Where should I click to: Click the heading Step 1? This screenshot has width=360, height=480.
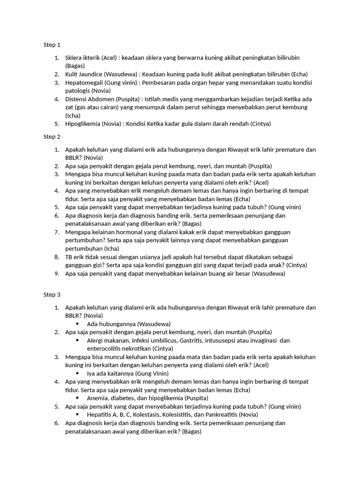point(52,45)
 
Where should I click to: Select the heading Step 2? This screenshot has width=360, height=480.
point(52,137)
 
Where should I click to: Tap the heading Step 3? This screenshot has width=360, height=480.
point(52,295)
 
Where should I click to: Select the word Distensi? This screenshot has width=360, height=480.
point(77,99)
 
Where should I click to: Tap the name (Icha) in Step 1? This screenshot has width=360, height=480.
point(73,115)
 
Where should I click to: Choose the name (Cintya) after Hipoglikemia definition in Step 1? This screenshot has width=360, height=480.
point(261,124)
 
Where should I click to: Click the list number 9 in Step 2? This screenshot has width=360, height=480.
point(56,274)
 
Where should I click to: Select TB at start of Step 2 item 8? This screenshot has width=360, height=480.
point(69,257)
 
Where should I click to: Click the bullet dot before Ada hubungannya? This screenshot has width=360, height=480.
point(77,324)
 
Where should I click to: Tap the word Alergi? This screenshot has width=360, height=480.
point(96,340)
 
